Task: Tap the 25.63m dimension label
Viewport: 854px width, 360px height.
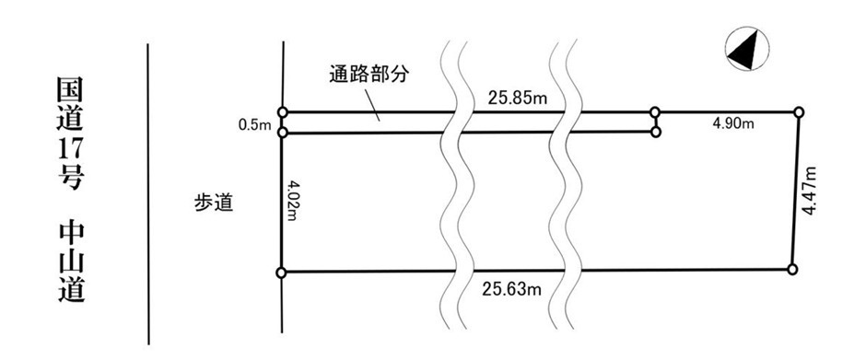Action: coord(509,290)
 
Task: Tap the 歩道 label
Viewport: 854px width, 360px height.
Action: coord(213,203)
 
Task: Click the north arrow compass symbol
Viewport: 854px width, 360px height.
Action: coord(746,50)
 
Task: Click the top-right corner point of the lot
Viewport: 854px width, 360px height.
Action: coord(799,112)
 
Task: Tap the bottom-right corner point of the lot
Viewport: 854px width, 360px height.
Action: coord(792,269)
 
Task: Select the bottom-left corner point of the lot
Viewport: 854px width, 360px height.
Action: coord(281,273)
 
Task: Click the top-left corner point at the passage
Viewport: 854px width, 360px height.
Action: coord(282,112)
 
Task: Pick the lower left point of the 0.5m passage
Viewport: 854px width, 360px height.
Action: coord(282,133)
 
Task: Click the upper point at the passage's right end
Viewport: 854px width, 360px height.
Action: coord(655,112)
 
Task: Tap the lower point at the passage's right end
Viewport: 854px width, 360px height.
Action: coord(655,133)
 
